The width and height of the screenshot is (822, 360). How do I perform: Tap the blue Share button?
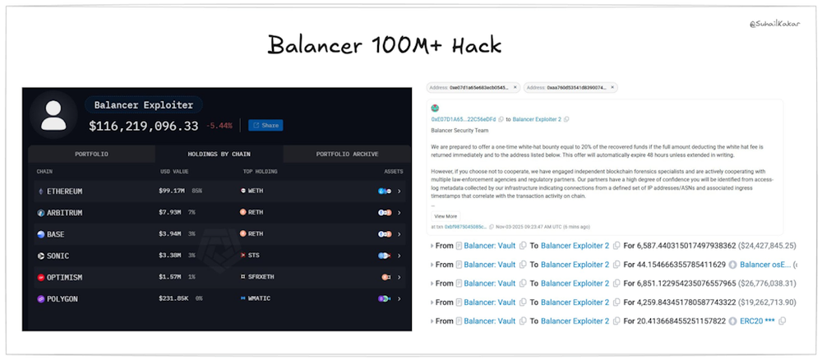coord(266,125)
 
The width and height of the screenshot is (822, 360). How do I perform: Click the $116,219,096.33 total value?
coord(144,126)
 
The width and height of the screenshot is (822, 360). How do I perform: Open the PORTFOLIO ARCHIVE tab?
coord(348,154)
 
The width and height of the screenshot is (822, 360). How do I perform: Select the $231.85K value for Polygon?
coord(175,298)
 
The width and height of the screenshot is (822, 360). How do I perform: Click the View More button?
coord(446,216)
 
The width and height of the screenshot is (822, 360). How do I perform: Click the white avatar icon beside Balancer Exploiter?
coord(53,115)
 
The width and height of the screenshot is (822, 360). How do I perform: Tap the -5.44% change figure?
coord(219,126)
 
